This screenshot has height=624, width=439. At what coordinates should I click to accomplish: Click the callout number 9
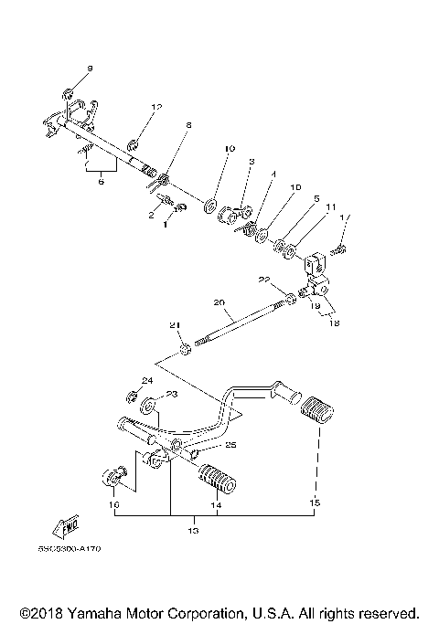click(x=90, y=69)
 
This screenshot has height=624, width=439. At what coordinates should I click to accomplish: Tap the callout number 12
click(x=156, y=108)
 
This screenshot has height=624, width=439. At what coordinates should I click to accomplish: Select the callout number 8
click(x=188, y=124)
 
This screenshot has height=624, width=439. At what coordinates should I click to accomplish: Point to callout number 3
click(x=250, y=161)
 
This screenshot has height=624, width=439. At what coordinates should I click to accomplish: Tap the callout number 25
click(x=230, y=446)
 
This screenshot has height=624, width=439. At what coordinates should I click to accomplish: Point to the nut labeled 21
click(x=185, y=347)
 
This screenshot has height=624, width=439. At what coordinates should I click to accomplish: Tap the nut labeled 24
click(x=133, y=397)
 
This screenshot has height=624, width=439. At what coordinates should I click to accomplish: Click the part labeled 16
click(x=112, y=477)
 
